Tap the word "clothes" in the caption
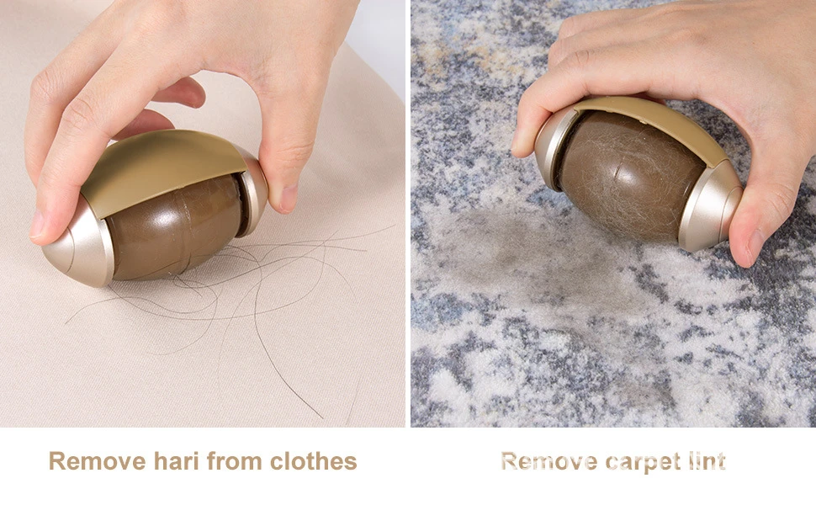(x=313, y=461)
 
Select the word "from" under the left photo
(x=234, y=461)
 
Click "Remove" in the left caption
(x=98, y=461)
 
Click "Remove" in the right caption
(x=549, y=461)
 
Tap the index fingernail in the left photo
(x=37, y=224)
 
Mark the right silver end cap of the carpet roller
(x=711, y=208)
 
